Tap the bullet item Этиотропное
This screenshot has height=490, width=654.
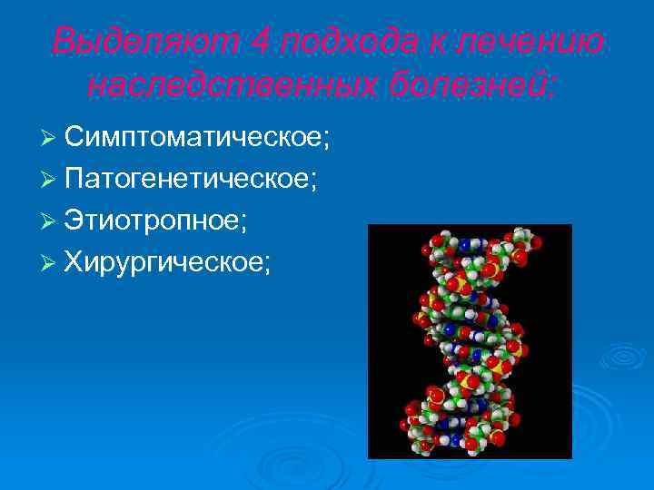point(164,220)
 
